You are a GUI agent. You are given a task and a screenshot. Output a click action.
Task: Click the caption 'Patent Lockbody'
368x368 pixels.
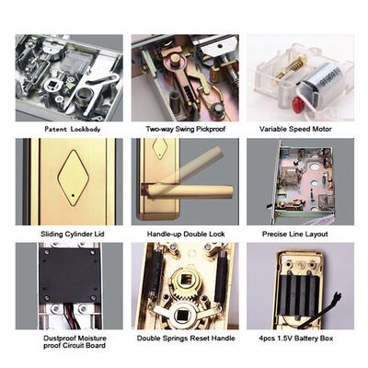[x=73, y=129]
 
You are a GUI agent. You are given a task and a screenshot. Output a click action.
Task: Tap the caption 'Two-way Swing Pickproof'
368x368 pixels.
[x=185, y=129]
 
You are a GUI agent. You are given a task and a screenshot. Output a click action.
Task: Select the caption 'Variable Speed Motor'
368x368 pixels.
[x=295, y=129]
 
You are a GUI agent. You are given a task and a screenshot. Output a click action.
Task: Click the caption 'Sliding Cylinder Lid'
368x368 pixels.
[x=73, y=234]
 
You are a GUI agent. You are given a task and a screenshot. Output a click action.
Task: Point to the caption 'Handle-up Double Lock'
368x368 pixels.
[x=186, y=234]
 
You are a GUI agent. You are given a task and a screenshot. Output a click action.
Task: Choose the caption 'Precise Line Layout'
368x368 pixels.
[x=295, y=234]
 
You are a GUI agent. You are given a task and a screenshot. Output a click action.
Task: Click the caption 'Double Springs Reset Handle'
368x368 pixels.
[x=186, y=339]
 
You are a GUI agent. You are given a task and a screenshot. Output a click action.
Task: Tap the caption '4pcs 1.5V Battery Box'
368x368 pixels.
[x=296, y=339]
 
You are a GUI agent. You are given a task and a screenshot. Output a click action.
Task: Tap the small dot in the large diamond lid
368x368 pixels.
[x=73, y=195]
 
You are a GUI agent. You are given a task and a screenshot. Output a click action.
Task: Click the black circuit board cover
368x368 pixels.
[x=70, y=275]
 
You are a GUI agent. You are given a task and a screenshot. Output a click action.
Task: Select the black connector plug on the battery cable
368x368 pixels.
[x=338, y=297]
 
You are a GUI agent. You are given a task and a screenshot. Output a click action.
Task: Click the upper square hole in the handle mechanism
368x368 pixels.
[x=185, y=280]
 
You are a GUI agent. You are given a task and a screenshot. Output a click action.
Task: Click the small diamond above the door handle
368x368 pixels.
[x=160, y=148]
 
